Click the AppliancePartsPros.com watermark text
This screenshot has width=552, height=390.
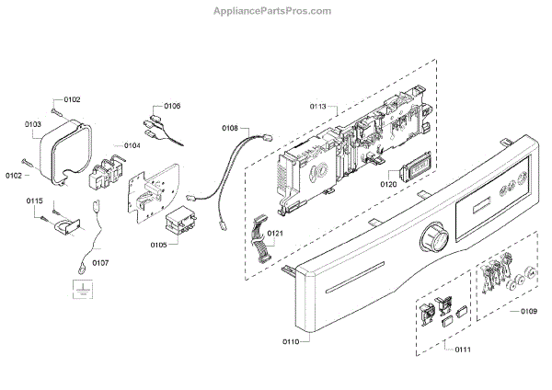point(276,12)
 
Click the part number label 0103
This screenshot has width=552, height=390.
point(33,122)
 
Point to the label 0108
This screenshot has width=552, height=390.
point(230,128)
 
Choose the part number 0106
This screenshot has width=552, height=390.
point(172,106)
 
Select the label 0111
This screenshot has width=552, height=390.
point(450,349)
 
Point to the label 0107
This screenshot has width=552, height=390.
point(99,263)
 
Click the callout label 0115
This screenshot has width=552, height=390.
point(34,201)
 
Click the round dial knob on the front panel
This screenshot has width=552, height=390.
point(433,244)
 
